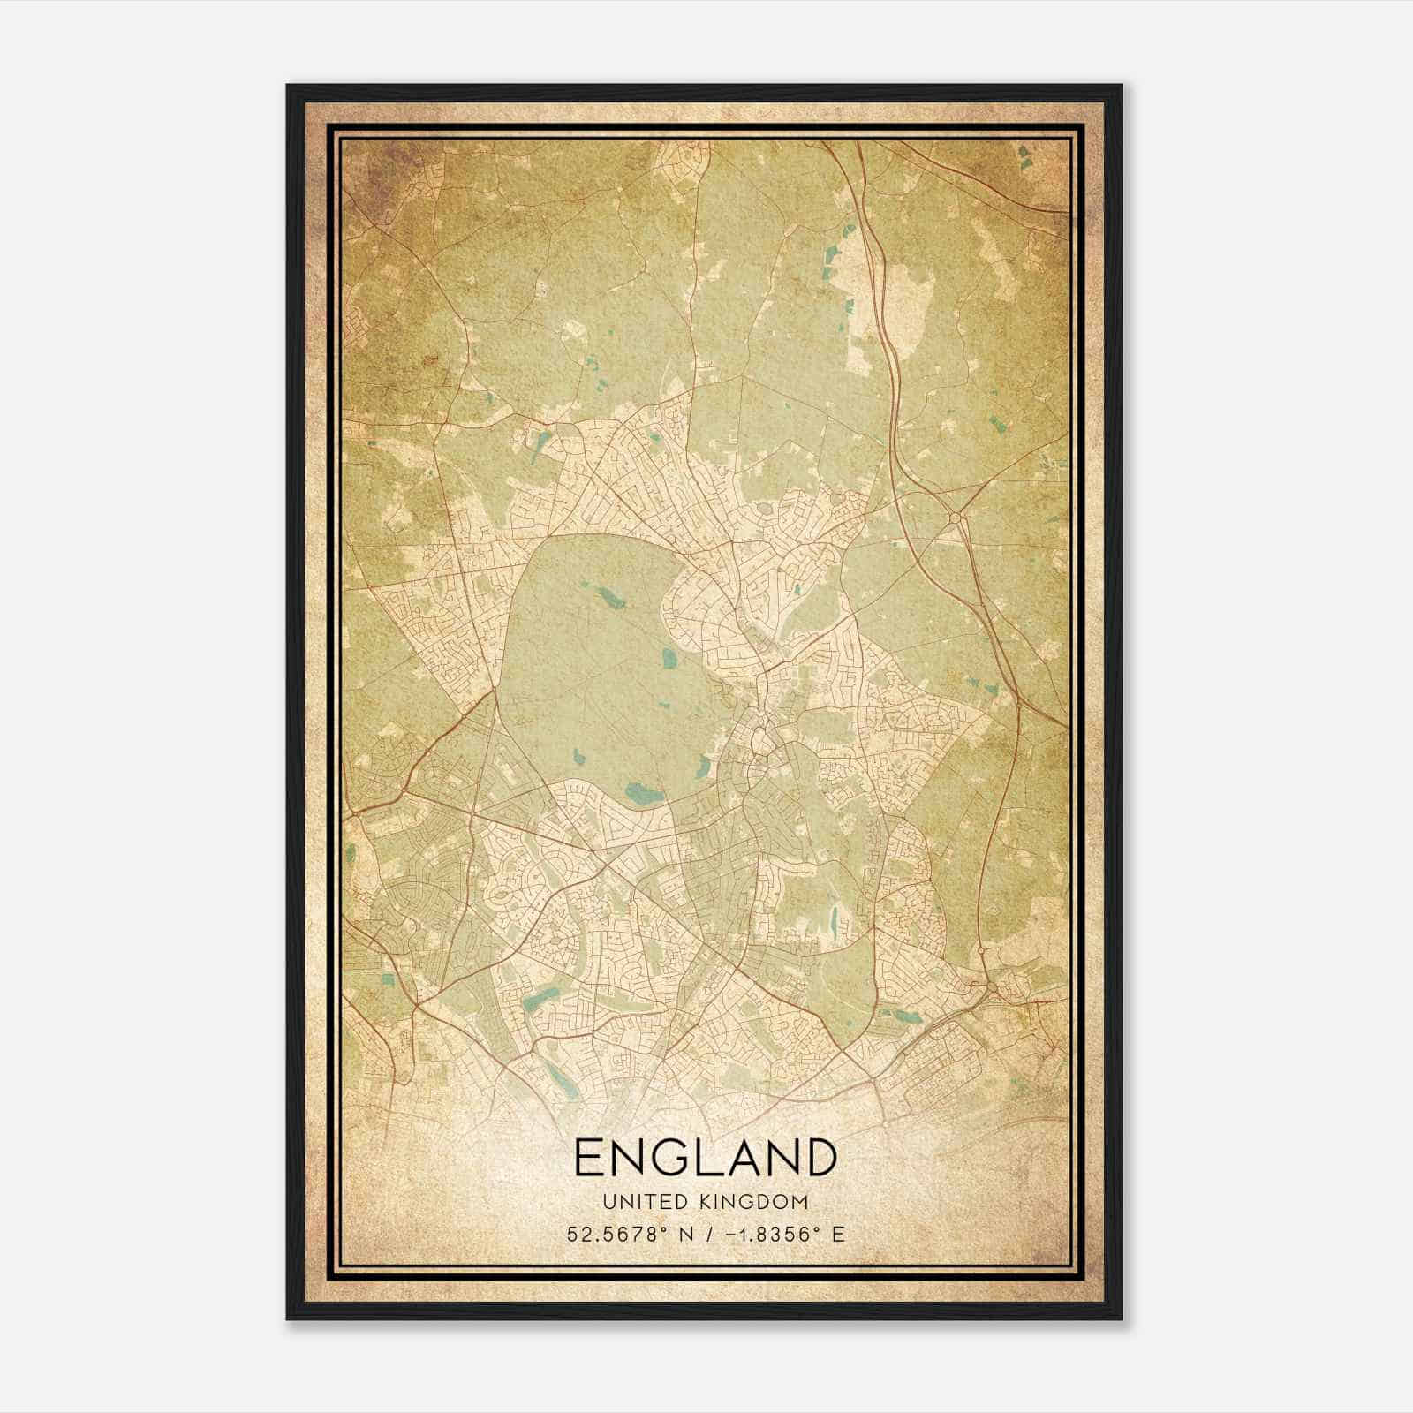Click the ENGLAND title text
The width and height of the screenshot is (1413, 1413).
[705, 1158]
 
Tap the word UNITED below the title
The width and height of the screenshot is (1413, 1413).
[645, 1202]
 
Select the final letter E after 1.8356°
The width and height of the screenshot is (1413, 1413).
[838, 1234]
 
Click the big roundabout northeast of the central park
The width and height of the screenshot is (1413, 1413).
[956, 518]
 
